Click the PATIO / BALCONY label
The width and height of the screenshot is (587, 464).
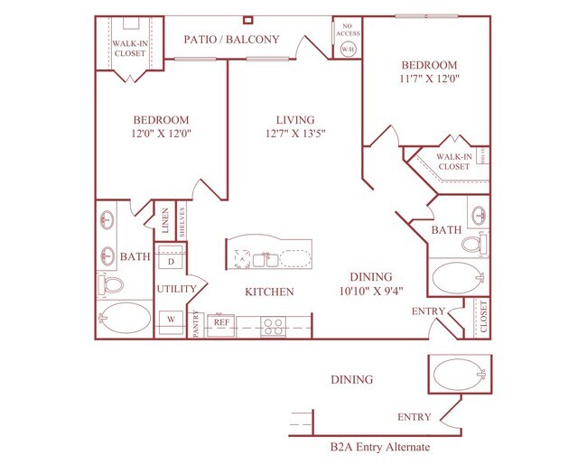click(x=231, y=40)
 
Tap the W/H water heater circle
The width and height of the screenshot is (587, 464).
click(x=347, y=49)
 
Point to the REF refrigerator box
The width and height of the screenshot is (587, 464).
click(x=221, y=321)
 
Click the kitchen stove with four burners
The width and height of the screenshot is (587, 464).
click(x=274, y=322)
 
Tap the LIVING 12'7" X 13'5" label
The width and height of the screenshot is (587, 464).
click(x=296, y=126)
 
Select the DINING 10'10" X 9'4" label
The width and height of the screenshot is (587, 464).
click(x=372, y=283)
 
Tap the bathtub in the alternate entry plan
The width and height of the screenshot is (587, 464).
click(x=458, y=373)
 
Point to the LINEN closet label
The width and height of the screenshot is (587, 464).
click(x=166, y=222)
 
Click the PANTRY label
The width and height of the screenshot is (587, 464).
click(x=196, y=323)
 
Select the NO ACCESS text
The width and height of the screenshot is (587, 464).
click(x=347, y=29)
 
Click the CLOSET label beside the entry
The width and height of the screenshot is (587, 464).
click(x=482, y=318)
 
